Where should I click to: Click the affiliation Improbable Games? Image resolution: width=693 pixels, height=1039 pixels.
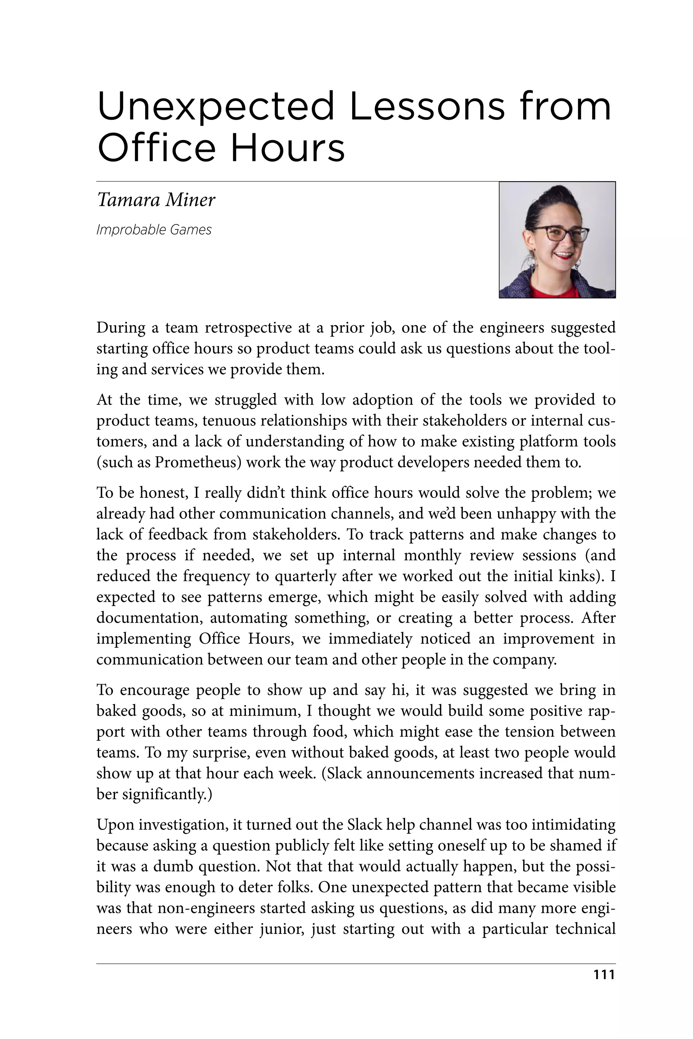coord(154,230)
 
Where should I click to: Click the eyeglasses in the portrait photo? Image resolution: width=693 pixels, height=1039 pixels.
coord(560,233)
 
